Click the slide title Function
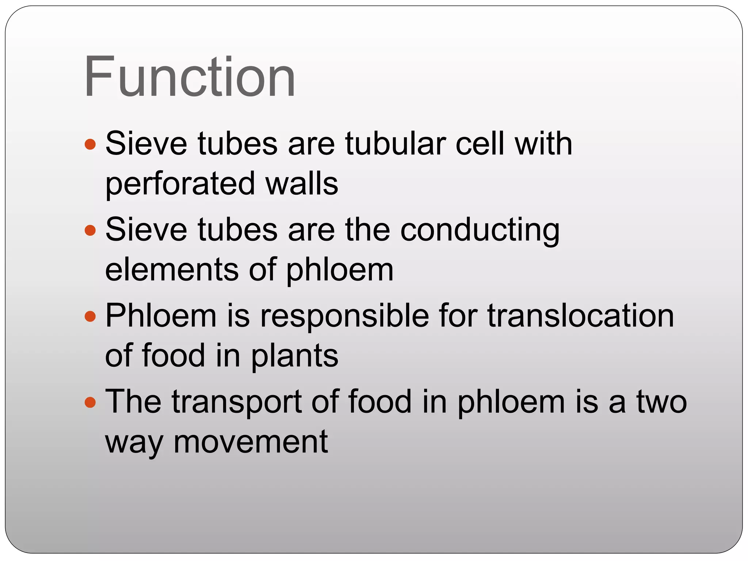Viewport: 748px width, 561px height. tap(190, 76)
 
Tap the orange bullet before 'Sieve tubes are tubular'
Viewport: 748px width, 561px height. tap(90, 144)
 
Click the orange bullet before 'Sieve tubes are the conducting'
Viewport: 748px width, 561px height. tap(90, 230)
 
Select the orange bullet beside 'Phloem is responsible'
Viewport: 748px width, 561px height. tap(90, 316)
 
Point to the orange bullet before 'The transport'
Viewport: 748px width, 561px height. tap(90, 402)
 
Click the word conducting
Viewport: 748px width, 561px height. tap(480, 230)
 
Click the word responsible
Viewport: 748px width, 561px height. tap(344, 316)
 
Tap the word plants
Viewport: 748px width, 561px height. tap(294, 356)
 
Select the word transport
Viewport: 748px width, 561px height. tap(237, 402)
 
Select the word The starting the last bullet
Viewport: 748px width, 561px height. tap(133, 402)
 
